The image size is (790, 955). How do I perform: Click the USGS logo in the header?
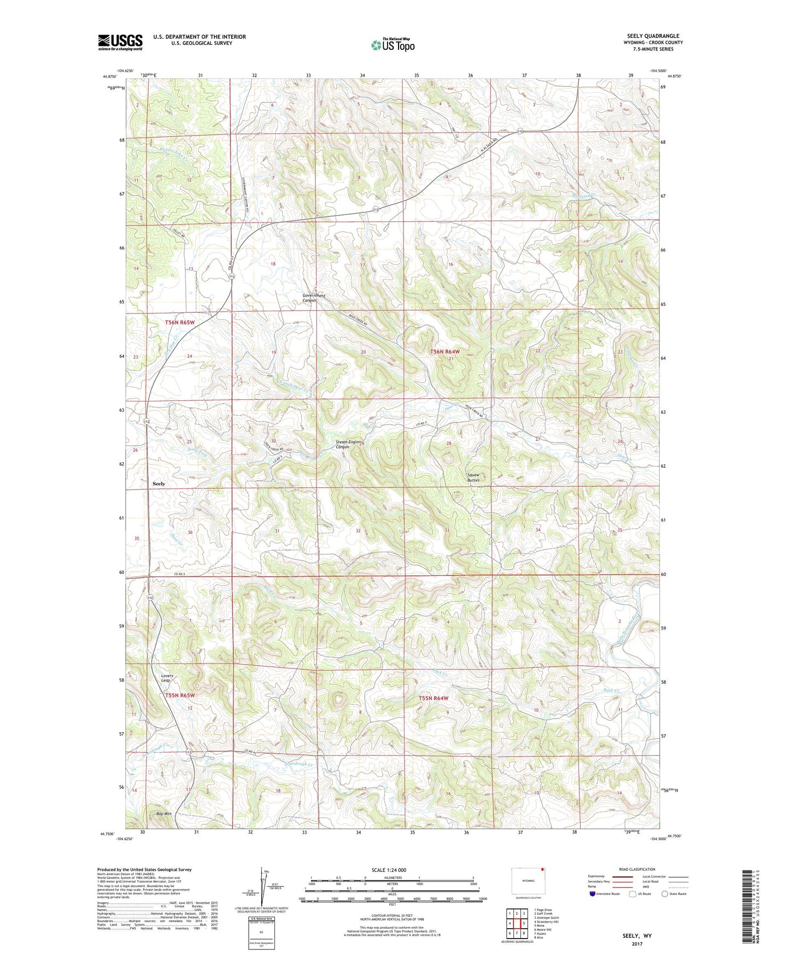120,42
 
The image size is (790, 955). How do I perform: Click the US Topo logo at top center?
393,45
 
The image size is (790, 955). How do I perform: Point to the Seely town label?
159,484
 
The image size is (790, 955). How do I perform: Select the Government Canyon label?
314,298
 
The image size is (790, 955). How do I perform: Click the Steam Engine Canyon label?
348,444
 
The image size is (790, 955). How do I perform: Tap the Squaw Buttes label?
473,477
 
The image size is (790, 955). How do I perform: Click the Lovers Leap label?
167,678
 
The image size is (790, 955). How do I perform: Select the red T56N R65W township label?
180,323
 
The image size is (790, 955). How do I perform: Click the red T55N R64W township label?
434,698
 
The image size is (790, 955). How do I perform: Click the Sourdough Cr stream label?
299,764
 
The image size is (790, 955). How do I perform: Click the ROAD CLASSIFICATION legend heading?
636,869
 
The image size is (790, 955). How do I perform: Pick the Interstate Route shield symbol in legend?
593,894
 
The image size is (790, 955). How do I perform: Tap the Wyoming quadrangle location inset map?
528,881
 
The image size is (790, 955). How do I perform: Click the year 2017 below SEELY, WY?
637,944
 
